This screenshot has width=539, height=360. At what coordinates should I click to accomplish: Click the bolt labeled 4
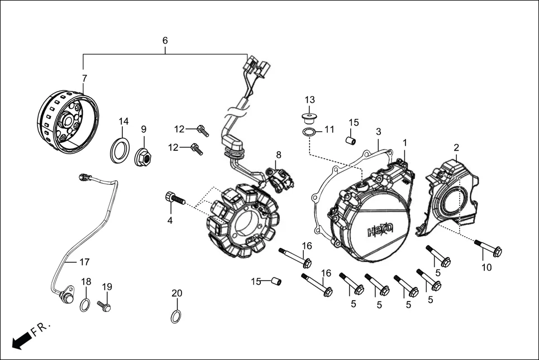click(x=174, y=198)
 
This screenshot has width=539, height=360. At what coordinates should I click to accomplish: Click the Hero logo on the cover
click(x=381, y=229)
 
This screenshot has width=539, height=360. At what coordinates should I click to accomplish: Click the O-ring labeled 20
click(x=175, y=316)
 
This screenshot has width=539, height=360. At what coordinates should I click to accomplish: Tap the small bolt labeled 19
click(x=104, y=305)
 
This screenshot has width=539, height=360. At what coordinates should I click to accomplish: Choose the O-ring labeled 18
click(x=84, y=305)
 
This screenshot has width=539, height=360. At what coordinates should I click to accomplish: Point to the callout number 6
click(x=165, y=41)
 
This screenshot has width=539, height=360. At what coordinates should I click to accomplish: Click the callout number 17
click(x=84, y=261)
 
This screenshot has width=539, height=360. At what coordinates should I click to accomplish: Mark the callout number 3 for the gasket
click(x=378, y=132)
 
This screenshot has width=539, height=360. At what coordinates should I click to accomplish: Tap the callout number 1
click(x=405, y=143)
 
